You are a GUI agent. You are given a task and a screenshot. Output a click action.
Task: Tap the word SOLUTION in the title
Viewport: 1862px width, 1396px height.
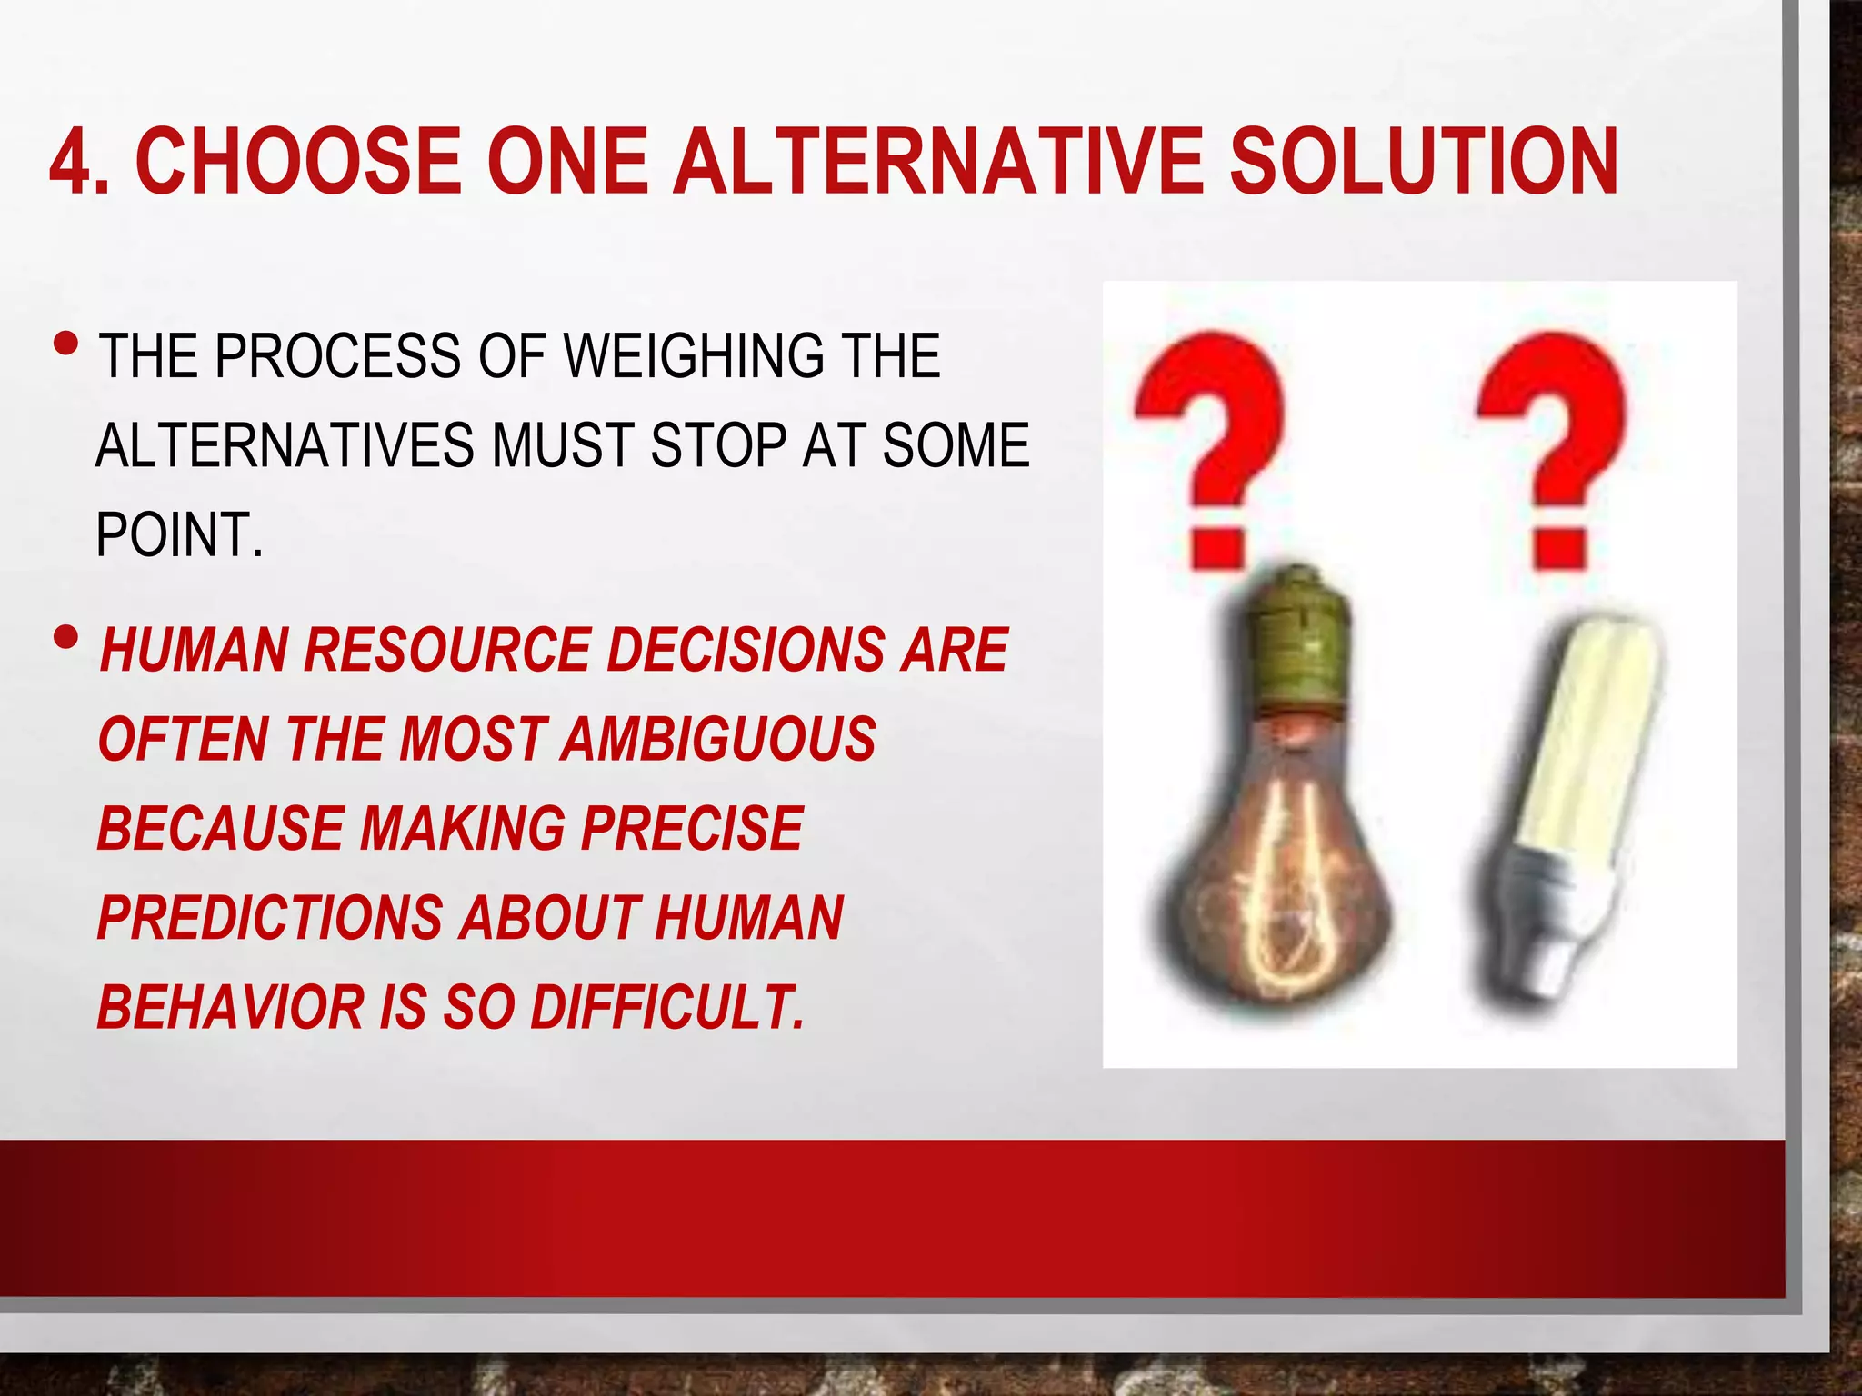(x=1423, y=162)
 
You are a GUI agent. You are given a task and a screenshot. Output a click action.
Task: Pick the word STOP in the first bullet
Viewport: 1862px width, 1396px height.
(x=716, y=445)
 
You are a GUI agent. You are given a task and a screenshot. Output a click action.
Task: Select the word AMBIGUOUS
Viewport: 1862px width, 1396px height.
(x=718, y=739)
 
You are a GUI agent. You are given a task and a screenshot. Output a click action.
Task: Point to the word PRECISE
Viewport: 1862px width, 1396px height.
(x=692, y=829)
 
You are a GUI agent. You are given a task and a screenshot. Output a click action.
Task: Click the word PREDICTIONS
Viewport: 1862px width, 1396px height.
(x=269, y=918)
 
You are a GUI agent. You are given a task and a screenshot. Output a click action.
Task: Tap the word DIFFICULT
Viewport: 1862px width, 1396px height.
(x=667, y=1008)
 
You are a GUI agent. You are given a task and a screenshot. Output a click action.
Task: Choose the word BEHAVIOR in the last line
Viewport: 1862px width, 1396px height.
(x=230, y=1008)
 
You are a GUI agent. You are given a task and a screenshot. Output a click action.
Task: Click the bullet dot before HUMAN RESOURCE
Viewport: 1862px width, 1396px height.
(x=66, y=638)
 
